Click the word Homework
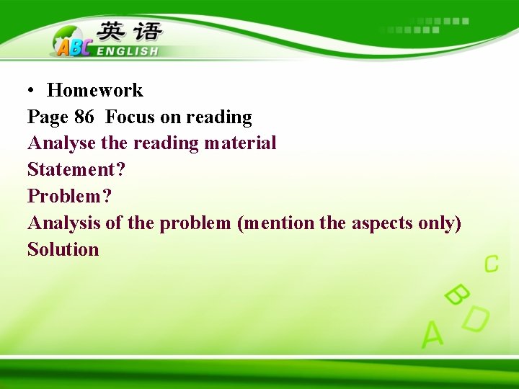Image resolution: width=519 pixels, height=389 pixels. click(94, 90)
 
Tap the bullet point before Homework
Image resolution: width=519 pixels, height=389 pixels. click(32, 91)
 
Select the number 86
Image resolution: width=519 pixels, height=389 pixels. click(84, 117)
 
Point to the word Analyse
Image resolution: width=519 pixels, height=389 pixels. click(62, 143)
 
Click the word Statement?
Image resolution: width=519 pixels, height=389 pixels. click(76, 169)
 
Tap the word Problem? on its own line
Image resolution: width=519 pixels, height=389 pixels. click(70, 196)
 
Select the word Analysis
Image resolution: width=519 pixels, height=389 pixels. click(64, 223)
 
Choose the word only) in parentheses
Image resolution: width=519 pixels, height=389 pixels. click(439, 223)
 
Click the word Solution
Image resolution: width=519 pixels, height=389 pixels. click(63, 249)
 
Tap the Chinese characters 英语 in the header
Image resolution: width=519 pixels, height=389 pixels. click(130, 32)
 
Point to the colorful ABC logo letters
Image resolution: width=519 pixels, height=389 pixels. click(73, 46)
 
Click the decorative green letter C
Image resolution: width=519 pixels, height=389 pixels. click(491, 264)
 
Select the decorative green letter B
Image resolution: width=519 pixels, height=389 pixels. click(456, 294)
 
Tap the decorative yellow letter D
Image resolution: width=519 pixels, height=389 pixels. click(475, 319)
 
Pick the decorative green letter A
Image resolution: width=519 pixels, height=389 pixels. click(432, 334)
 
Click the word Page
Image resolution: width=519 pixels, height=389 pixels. click(48, 117)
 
